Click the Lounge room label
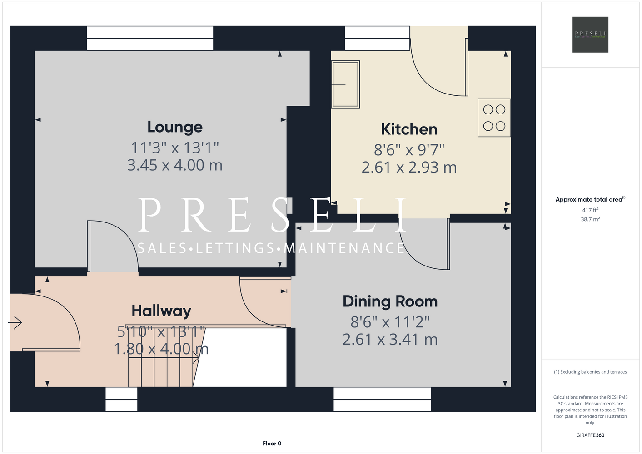(175, 127)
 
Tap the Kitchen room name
(409, 129)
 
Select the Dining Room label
(390, 301)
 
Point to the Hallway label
(161, 311)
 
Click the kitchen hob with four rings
(494, 118)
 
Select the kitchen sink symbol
(346, 84)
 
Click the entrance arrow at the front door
(15, 322)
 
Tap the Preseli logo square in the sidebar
(590, 35)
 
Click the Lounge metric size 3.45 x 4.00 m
(174, 165)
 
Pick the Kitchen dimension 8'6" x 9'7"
(409, 150)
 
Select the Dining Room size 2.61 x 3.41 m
(390, 340)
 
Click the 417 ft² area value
(590, 210)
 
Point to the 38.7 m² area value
(590, 219)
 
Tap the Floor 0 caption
(272, 444)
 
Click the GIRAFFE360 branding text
(590, 435)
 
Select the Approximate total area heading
(590, 199)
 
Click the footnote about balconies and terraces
(590, 372)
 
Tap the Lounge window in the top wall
(150, 38)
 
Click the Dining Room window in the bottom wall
(382, 399)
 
